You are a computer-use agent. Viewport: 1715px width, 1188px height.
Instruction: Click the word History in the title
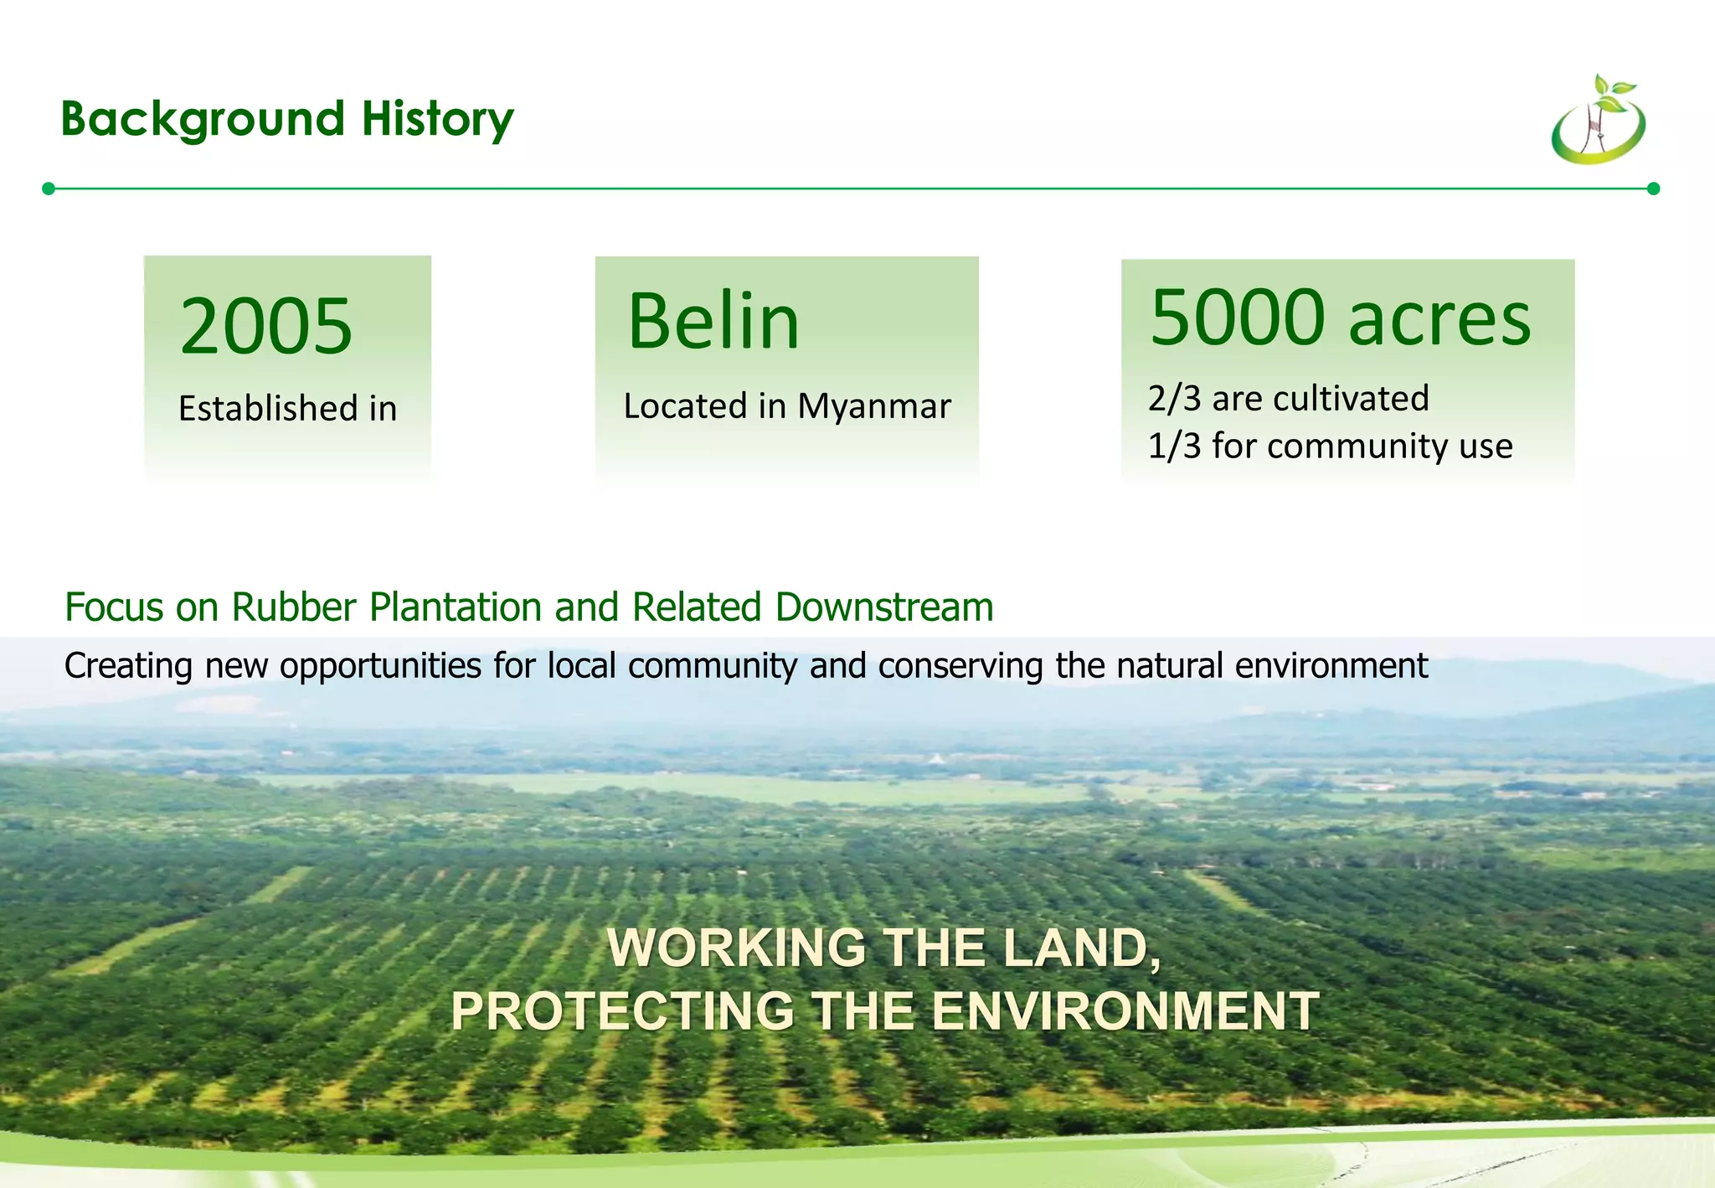(x=437, y=120)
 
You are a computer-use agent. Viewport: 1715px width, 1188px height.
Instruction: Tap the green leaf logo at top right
(x=1599, y=121)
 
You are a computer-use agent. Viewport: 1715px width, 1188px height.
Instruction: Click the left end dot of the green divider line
(x=49, y=189)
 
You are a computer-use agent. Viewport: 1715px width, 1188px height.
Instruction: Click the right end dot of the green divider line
(x=1653, y=189)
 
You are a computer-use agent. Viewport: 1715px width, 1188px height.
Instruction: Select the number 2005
(x=266, y=327)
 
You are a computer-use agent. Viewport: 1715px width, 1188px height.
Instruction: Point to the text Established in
(x=287, y=409)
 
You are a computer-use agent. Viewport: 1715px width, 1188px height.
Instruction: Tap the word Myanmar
(x=873, y=407)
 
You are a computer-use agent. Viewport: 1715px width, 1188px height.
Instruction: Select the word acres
(x=1439, y=320)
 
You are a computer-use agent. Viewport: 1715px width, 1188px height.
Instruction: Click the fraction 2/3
(x=1174, y=400)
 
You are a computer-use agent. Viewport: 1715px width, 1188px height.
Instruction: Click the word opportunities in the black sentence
(x=380, y=667)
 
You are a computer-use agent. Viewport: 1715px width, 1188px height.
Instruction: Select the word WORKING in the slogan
(x=736, y=948)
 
